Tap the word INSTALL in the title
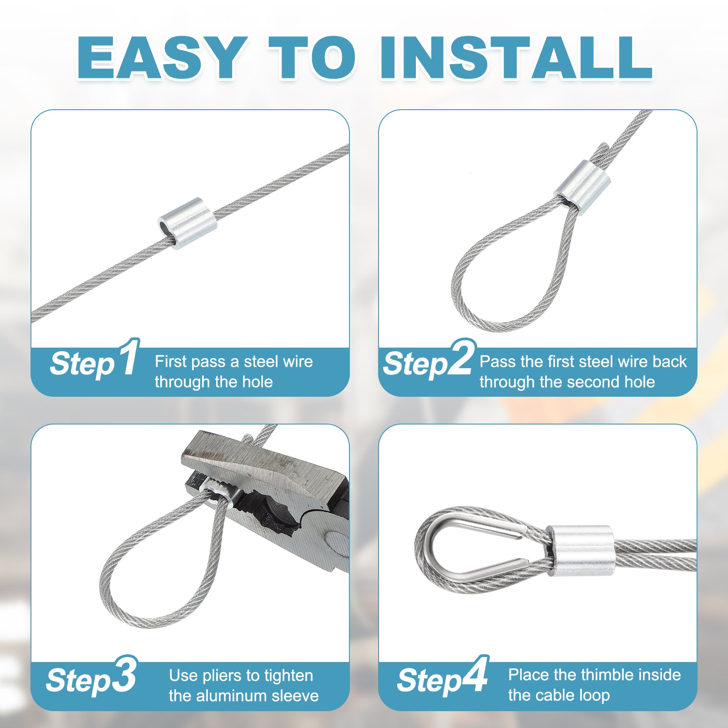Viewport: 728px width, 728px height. [516, 58]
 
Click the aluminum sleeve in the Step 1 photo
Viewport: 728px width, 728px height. [187, 223]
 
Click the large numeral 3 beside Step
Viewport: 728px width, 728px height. [123, 675]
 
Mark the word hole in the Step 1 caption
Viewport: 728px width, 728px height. [258, 382]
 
